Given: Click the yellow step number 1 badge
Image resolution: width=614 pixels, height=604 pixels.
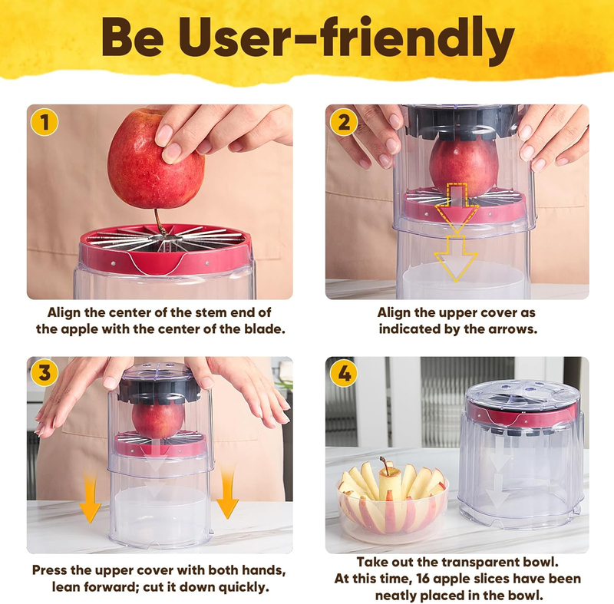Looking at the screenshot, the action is [x=45, y=122].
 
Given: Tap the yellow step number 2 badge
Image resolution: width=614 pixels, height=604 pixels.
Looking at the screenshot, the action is [x=343, y=122].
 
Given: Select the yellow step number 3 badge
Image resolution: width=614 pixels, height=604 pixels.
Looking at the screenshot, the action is [x=45, y=374].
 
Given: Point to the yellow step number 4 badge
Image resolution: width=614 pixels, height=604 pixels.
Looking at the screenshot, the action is [x=343, y=374].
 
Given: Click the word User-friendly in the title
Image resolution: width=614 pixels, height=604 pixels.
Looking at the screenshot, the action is [x=346, y=38].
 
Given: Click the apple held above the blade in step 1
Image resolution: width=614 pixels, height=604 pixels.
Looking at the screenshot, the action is [x=155, y=160].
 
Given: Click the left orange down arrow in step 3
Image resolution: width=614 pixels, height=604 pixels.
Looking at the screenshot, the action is [x=90, y=497].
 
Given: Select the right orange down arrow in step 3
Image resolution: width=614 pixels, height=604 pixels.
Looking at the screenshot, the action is [x=227, y=493].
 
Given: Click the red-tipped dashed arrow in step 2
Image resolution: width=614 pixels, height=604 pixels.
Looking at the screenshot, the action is [x=457, y=207].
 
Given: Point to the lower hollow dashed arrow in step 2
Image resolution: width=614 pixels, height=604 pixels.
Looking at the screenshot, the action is [x=456, y=259].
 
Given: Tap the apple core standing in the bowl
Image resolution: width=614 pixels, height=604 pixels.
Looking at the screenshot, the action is [x=389, y=480].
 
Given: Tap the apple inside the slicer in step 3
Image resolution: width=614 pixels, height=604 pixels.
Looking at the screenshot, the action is [x=158, y=421].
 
